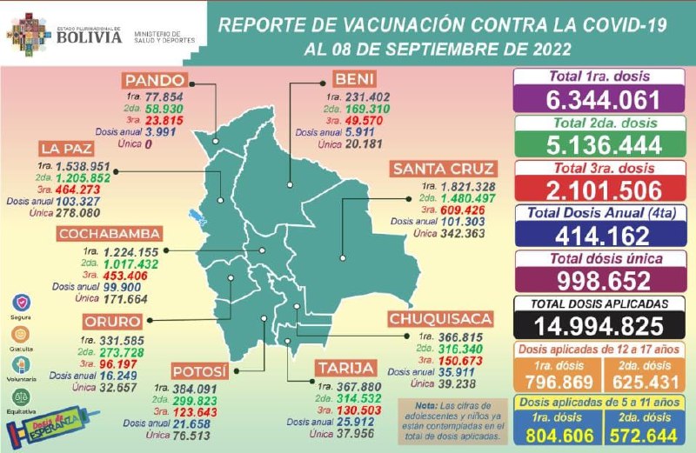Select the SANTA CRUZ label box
pos(443,169)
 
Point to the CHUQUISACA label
pos(441,318)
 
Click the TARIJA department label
pos(345,368)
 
